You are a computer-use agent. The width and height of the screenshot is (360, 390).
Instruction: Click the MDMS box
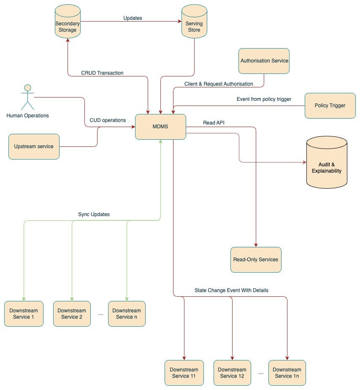(160, 127)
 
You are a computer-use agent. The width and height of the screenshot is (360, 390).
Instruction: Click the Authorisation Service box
(264, 61)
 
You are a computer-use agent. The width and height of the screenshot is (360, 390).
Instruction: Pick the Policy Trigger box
(330, 106)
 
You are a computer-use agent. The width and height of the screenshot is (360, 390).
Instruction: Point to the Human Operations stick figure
(27, 97)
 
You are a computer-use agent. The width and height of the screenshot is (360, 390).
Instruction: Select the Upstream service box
(34, 146)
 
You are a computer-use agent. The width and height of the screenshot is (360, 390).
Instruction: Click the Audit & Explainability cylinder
(326, 165)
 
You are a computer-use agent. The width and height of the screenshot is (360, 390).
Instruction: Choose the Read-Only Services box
(256, 260)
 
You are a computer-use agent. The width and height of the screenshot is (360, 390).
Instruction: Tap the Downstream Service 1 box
(24, 314)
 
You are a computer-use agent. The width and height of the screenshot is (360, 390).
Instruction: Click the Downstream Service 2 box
(72, 314)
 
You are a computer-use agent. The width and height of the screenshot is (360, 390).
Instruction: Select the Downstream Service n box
(127, 314)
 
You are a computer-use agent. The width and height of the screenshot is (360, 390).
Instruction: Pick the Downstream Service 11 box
(184, 373)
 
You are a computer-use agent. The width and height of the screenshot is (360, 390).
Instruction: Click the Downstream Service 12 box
(232, 373)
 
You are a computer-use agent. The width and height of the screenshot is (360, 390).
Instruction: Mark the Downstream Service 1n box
(287, 373)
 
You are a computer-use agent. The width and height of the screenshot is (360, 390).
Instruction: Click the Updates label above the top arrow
(132, 18)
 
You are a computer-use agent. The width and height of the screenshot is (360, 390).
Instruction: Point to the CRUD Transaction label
(102, 73)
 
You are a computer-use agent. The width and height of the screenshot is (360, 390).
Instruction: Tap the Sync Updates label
(94, 214)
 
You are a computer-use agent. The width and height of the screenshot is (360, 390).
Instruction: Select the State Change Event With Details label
(231, 290)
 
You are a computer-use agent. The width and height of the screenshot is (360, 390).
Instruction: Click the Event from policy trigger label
(264, 99)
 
